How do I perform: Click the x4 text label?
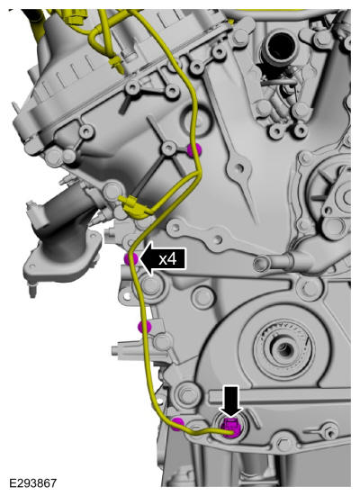point(167,260)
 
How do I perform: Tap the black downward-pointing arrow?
point(231,401)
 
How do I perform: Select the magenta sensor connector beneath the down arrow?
point(232,428)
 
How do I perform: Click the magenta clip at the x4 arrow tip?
point(130,259)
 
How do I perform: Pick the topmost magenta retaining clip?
point(193,150)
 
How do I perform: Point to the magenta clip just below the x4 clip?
point(144,327)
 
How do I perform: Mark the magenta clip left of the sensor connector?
point(177,424)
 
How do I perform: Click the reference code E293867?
point(33,483)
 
